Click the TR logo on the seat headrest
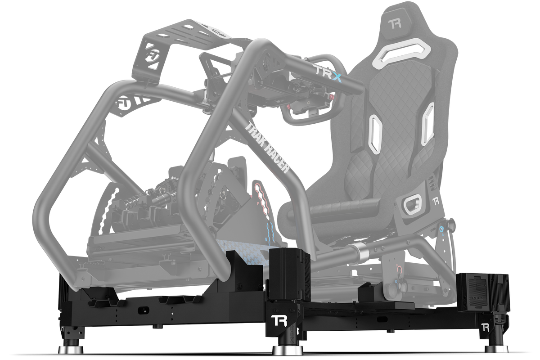click(x=396, y=23)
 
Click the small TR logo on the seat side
click(x=435, y=200)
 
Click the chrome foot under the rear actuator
click(x=497, y=348)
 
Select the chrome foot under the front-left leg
click(x=70, y=348)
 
